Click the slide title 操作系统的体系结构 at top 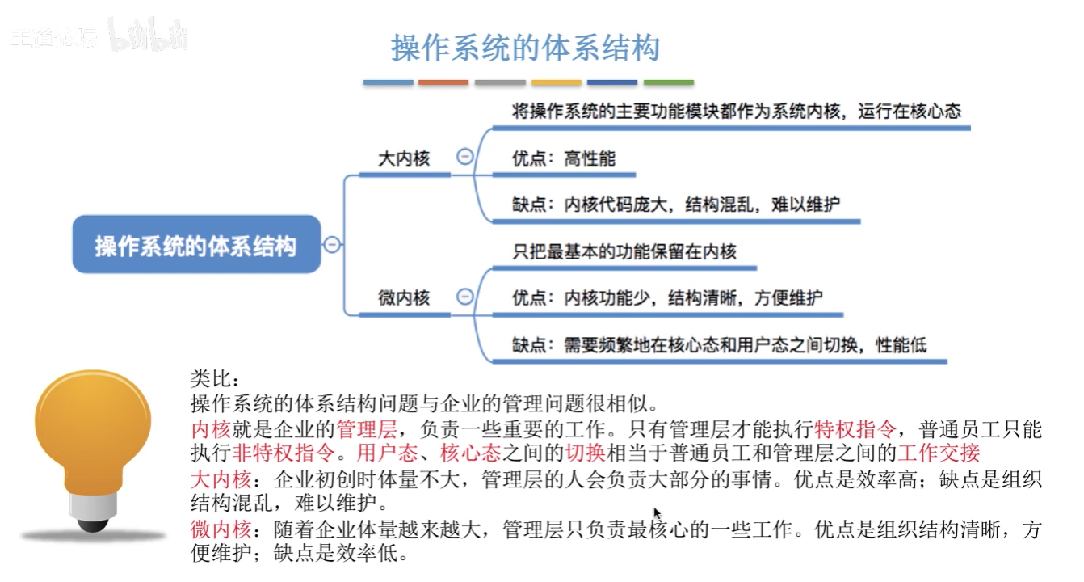pyautogui.click(x=525, y=48)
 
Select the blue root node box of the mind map pyautogui.click(x=196, y=245)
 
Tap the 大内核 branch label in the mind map pyautogui.click(x=404, y=158)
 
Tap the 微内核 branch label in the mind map pyautogui.click(x=404, y=298)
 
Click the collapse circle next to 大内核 pyautogui.click(x=464, y=158)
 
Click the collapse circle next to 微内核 pyautogui.click(x=464, y=297)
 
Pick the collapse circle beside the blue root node pyautogui.click(x=331, y=245)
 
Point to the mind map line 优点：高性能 pyautogui.click(x=563, y=158)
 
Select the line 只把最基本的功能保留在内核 pyautogui.click(x=624, y=251)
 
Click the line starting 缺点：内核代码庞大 pyautogui.click(x=675, y=205)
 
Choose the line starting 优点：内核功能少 pyautogui.click(x=667, y=298)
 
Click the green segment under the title pyautogui.click(x=669, y=82)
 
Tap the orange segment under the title pyautogui.click(x=443, y=82)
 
